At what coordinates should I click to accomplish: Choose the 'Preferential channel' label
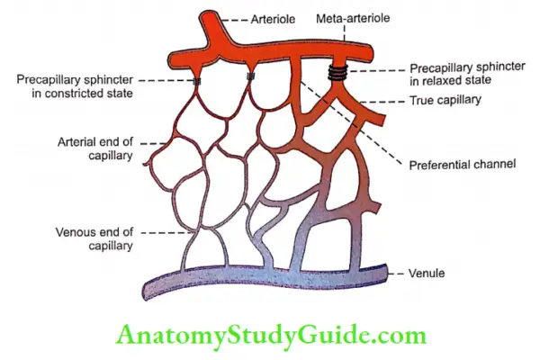(x=446, y=166)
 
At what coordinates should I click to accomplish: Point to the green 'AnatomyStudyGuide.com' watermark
(x=270, y=335)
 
